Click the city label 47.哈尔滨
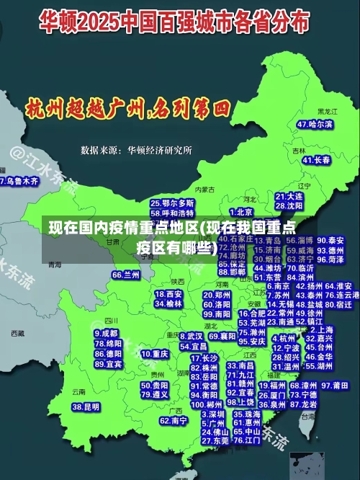[x=315, y=125]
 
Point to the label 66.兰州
[x=126, y=275]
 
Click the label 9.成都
[x=106, y=334]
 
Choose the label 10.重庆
[x=155, y=354]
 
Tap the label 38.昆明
[x=86, y=407]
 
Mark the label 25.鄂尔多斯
[x=172, y=204]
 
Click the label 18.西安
[x=170, y=294]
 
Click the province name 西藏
[x=18, y=333]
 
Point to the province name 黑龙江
[x=327, y=112]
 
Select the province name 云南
[x=78, y=392]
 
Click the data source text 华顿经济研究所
[x=159, y=150]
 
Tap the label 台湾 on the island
[x=308, y=416]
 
